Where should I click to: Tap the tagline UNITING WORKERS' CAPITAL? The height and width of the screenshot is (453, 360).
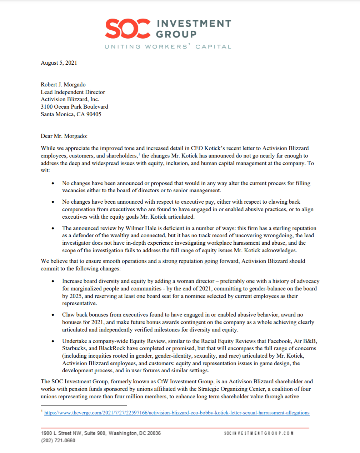pyautogui.click(x=168, y=46)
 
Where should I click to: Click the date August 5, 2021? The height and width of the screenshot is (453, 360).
pyautogui.click(x=59, y=63)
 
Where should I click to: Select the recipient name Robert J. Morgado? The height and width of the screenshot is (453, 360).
pyautogui.click(x=63, y=85)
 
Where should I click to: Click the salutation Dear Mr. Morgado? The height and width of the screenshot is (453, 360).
pyautogui.click(x=64, y=136)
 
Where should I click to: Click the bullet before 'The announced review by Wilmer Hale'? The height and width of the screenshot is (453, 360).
pyautogui.click(x=53, y=228)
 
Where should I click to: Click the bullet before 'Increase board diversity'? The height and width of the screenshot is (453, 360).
pyautogui.click(x=53, y=281)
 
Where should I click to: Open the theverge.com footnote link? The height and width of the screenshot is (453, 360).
pyautogui.click(x=177, y=413)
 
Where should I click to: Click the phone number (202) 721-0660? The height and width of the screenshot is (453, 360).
pyautogui.click(x=58, y=440)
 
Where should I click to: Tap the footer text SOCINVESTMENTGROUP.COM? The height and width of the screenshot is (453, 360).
pyautogui.click(x=259, y=433)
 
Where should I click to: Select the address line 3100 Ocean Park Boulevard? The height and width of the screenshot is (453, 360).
pyautogui.click(x=74, y=107)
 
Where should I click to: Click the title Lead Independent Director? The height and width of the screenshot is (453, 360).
pyautogui.click(x=73, y=92)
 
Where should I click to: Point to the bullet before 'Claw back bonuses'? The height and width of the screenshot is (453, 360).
pyautogui.click(x=53, y=315)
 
